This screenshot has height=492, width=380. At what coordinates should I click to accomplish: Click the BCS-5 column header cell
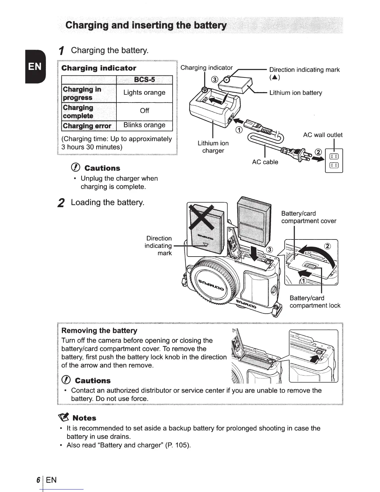tap(144, 80)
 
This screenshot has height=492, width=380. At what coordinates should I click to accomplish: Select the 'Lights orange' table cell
tap(144, 93)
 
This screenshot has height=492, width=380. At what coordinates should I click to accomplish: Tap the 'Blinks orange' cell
tap(144, 125)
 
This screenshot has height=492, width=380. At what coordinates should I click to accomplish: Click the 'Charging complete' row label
tap(78, 112)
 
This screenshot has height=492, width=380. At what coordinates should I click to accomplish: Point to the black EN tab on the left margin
tap(35, 67)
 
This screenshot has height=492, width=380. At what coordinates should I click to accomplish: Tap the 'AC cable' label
tap(265, 162)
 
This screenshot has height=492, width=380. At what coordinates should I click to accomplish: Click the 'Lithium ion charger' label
tap(213, 147)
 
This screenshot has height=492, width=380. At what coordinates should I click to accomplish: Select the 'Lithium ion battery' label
tap(296, 93)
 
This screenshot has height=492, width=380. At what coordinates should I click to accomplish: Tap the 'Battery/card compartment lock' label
tap(314, 302)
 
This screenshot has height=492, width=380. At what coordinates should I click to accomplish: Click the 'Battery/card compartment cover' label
tap(309, 217)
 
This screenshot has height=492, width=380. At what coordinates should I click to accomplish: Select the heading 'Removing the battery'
tap(99, 330)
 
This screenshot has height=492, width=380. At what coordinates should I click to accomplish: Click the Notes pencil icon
tap(63, 417)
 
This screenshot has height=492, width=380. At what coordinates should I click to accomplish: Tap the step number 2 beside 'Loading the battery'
tap(61, 203)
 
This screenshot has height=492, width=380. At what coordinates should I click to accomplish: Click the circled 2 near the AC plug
tap(318, 152)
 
